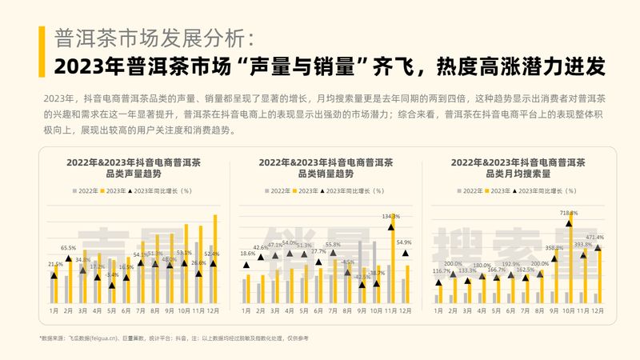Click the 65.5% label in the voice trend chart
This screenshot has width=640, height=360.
[x=68, y=248]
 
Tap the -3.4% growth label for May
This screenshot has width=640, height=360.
[x=112, y=275]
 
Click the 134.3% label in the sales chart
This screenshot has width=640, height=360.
[x=391, y=216]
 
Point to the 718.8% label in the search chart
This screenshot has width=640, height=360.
[x=569, y=213]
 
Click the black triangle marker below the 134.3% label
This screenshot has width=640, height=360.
[x=391, y=226]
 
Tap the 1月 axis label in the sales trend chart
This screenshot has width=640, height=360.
[x=246, y=310]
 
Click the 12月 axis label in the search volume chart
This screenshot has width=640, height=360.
[x=597, y=310]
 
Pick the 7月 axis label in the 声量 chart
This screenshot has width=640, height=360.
[x=141, y=310]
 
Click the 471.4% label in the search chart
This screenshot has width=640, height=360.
[x=594, y=238]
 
